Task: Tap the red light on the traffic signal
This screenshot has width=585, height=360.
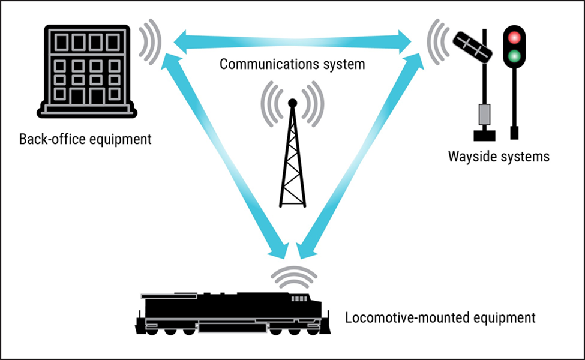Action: coord(513,38)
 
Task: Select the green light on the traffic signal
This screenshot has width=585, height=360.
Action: coord(513,58)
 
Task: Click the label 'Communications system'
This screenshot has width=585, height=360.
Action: coord(292,64)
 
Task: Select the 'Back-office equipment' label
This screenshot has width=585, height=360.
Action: coord(85,140)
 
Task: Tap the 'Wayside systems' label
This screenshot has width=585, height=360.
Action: coord(499,157)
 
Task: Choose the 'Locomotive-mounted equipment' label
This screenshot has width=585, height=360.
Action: coord(440,317)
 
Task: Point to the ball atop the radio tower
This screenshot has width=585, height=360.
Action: coord(292,103)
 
